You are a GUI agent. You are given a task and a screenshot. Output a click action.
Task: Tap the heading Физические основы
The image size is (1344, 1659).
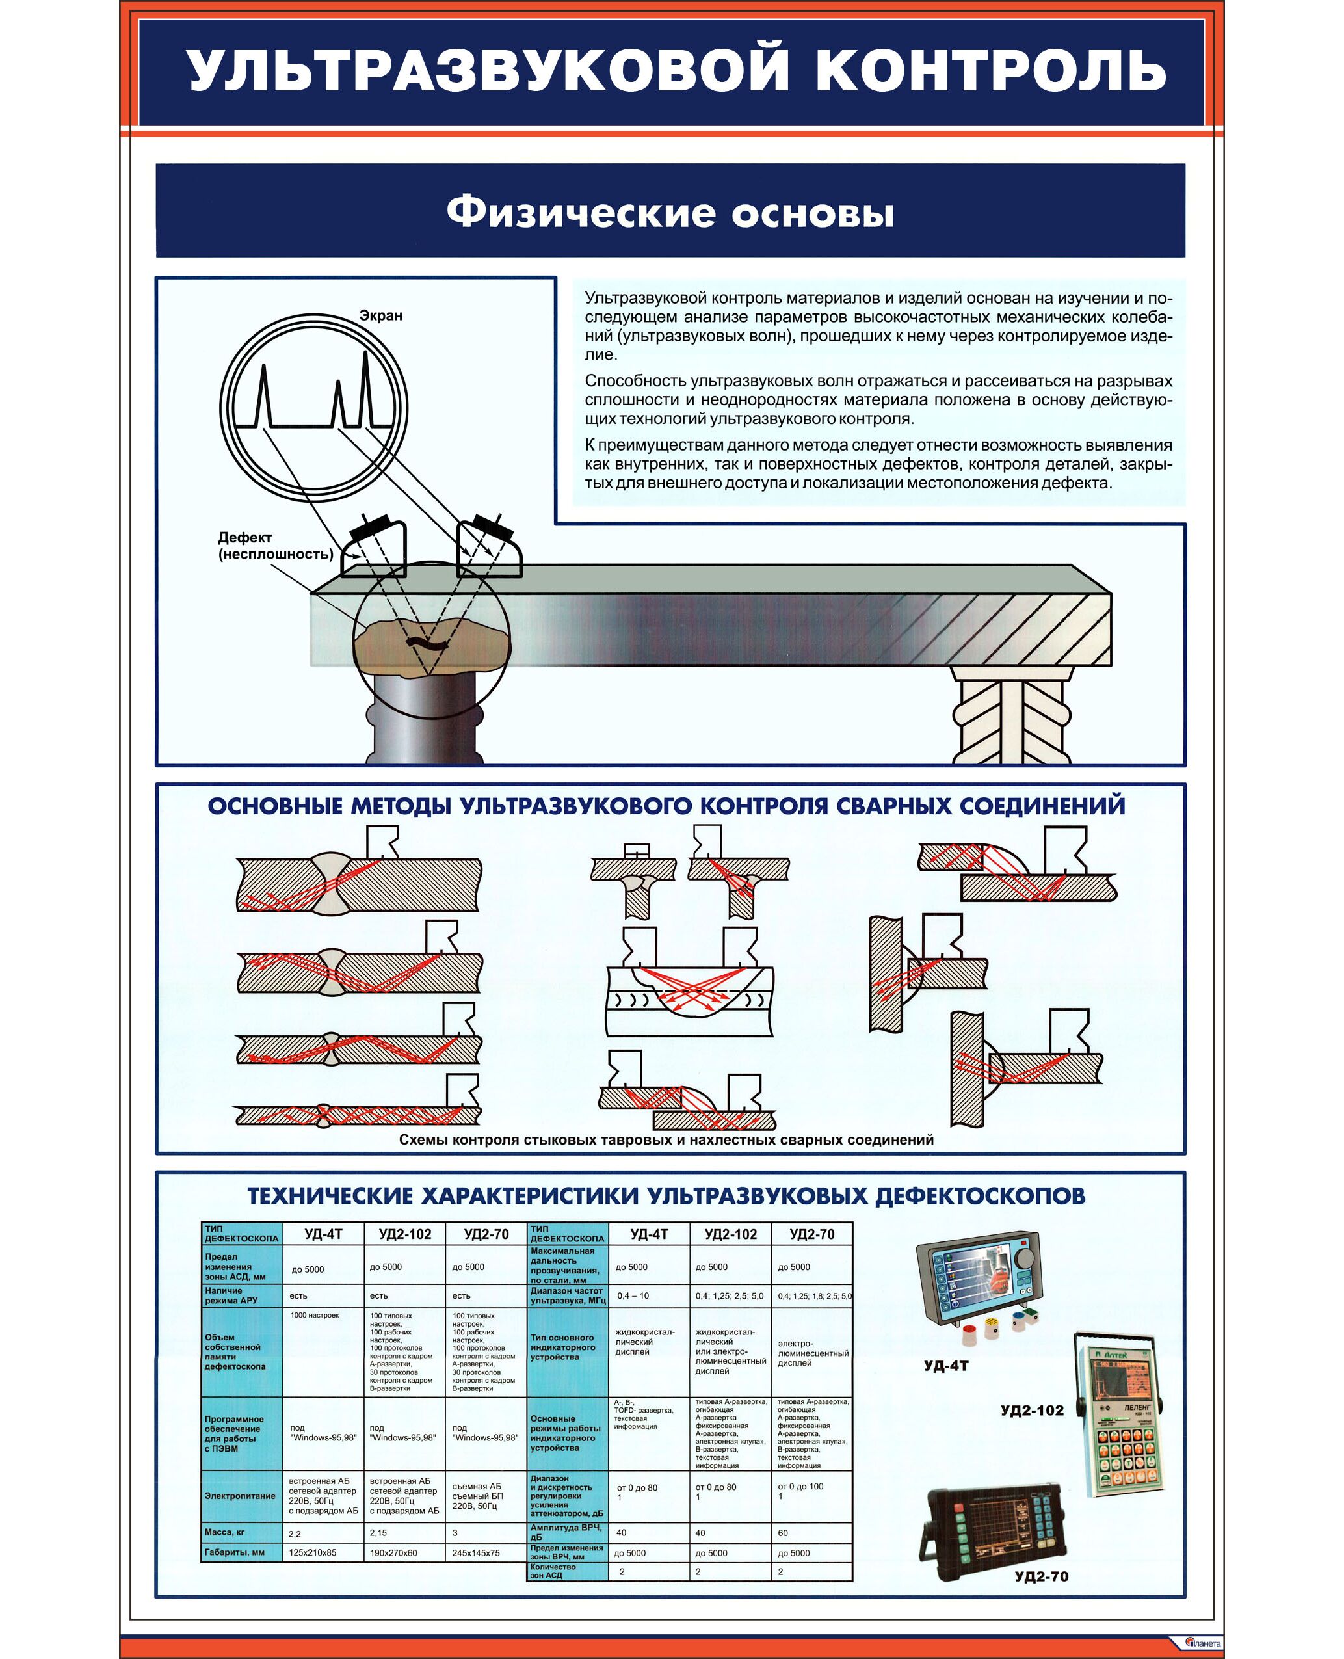(x=670, y=211)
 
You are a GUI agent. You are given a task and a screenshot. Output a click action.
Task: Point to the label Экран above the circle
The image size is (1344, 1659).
(x=380, y=316)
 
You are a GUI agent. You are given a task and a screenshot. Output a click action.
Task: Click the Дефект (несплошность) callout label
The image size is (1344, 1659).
(x=275, y=546)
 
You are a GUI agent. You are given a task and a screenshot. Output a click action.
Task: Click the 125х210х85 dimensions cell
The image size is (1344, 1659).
(x=313, y=1552)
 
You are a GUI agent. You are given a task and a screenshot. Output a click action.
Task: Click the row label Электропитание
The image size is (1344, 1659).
(x=240, y=1496)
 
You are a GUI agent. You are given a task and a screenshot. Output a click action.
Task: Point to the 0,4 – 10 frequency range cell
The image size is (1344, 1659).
(x=633, y=1295)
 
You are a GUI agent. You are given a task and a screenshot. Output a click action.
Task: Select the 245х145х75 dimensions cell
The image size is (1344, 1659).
(x=476, y=1552)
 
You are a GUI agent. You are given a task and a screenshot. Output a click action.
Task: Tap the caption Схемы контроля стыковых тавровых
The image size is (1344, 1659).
(x=666, y=1139)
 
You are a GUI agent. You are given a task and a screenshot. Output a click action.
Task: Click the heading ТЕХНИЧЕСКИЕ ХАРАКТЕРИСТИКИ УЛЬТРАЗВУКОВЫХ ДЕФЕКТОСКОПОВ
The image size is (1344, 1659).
(x=666, y=1196)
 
